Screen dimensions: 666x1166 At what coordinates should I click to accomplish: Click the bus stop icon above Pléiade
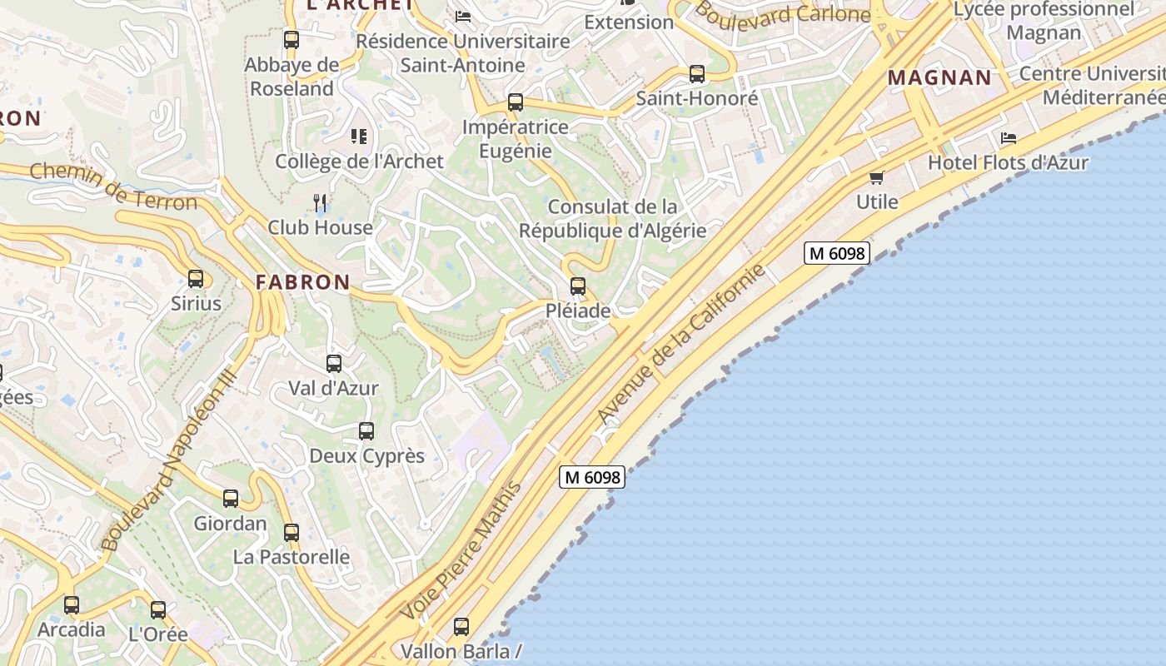tap(577, 286)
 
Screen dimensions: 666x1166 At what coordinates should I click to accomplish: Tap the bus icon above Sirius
tap(196, 279)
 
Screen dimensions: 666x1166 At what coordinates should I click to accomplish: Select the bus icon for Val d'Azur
tap(334, 364)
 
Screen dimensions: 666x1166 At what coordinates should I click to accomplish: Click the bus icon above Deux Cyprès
tap(366, 431)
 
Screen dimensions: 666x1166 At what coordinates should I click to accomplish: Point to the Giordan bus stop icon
tap(231, 499)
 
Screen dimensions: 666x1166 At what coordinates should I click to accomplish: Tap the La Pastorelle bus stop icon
tap(291, 532)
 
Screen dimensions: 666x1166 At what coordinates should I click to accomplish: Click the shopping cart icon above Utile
tap(876, 177)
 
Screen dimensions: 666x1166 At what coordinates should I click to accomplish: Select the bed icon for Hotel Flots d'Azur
tap(1009, 138)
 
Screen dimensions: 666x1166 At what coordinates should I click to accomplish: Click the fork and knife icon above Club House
tap(320, 202)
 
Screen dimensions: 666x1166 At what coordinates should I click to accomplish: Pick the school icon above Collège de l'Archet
tap(359, 137)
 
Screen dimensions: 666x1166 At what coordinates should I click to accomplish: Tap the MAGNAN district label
tap(939, 78)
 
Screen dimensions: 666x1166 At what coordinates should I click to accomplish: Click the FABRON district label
tap(303, 282)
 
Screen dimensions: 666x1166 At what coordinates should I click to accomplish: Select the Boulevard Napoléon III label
tap(169, 460)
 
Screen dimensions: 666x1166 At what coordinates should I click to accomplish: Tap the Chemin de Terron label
tap(113, 186)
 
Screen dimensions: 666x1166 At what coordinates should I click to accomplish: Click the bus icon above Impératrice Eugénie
tap(516, 103)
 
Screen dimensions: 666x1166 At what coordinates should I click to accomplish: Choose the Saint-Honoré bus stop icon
tap(697, 74)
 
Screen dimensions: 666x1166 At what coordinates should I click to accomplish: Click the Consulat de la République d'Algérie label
tap(612, 218)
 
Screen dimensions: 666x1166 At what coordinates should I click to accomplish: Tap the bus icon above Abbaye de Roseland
tap(291, 39)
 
